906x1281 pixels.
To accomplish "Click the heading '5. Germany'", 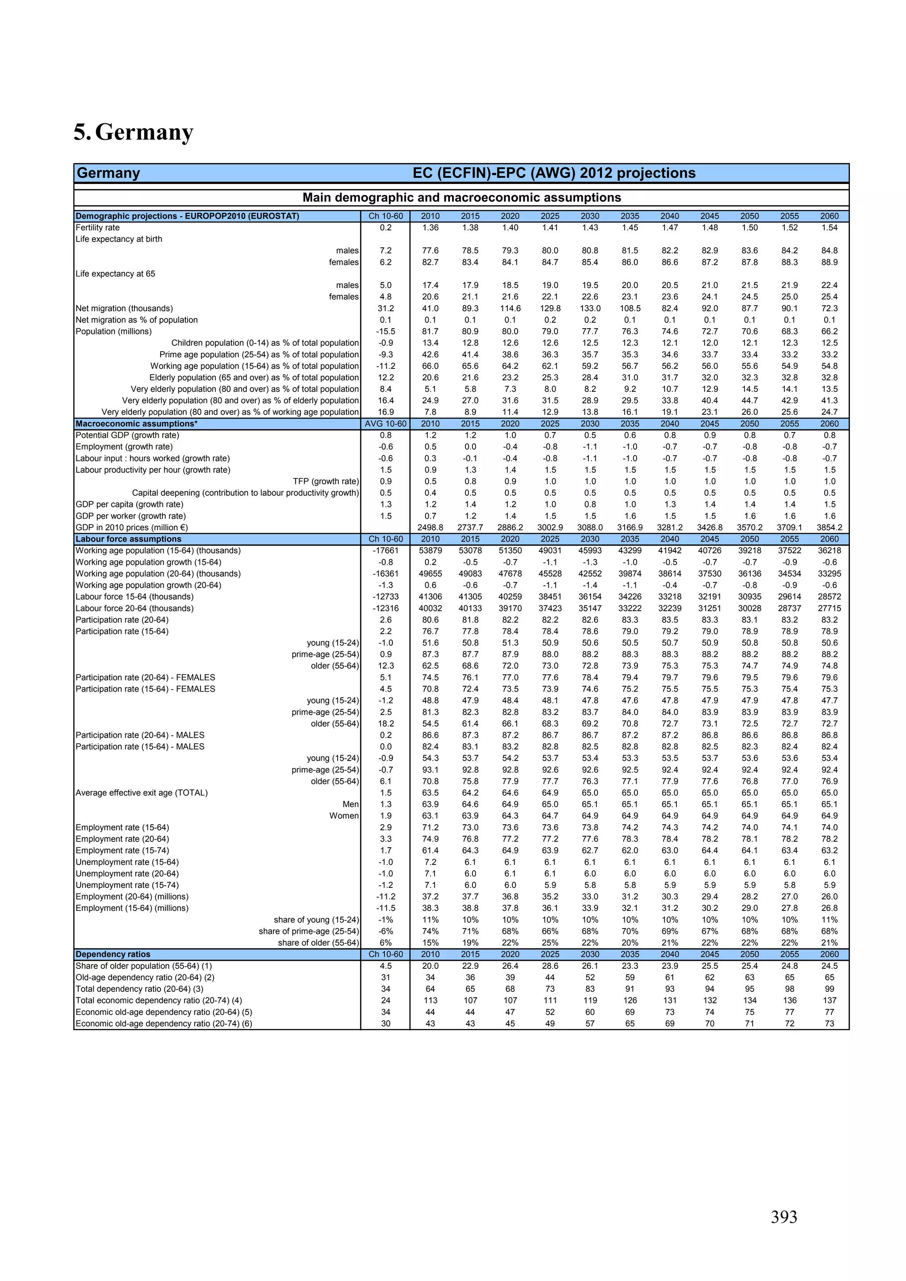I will coord(134,132).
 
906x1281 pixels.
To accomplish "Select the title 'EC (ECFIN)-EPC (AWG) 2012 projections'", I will coord(554,173).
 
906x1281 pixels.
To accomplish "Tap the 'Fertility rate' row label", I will coord(98,228).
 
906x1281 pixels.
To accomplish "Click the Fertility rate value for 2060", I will coord(829,228).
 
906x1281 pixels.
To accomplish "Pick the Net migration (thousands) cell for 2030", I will coord(590,309).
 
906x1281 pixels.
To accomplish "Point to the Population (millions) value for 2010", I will coord(430,331).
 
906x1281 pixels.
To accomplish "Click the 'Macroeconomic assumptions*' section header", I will coord(137,424).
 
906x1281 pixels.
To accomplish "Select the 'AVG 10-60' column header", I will coord(385,424).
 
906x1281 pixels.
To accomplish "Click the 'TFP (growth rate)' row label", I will coord(326,482).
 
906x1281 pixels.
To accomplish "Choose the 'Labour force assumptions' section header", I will coord(128,539).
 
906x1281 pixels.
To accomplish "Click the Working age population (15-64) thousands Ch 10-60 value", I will coord(385,551).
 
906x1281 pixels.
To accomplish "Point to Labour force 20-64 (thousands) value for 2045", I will coord(710,608).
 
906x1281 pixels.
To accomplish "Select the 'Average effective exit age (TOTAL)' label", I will coord(142,793).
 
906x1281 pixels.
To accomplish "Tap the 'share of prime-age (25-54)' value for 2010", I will coord(430,931).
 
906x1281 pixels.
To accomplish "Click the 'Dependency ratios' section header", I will coord(113,954).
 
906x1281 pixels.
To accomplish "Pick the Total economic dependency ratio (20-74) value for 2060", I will coord(829,1000).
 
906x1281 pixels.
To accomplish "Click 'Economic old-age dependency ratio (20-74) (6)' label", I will coord(164,1023).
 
